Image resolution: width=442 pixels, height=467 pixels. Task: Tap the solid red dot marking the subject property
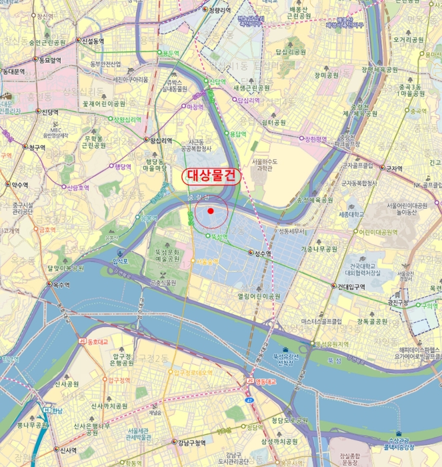[211, 211]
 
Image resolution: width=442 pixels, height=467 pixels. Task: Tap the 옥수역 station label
[61, 284]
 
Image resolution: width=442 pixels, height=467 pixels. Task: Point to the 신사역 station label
[69, 450]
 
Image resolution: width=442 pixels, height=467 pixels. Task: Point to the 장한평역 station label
[316, 139]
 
